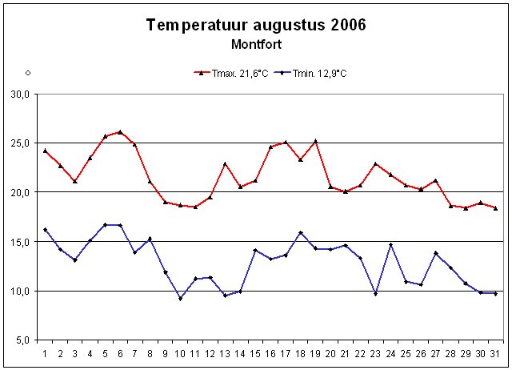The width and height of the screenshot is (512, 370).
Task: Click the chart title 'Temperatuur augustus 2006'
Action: (x=256, y=25)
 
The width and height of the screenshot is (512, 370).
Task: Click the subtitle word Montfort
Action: (x=256, y=44)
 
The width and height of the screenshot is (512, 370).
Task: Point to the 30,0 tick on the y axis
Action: (x=20, y=95)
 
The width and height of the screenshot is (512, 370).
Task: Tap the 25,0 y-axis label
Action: (x=20, y=143)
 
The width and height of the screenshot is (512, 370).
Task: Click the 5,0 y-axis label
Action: (x=22, y=340)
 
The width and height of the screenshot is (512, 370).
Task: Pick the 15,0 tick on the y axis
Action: (x=20, y=242)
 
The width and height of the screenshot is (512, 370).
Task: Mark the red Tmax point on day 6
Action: (x=120, y=132)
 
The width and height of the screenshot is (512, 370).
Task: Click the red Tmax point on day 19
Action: (x=315, y=142)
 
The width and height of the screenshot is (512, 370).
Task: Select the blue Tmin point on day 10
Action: (x=180, y=299)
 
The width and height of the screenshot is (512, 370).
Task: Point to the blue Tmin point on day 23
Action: (x=375, y=294)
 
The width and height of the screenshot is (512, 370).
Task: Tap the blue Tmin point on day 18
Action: (x=300, y=233)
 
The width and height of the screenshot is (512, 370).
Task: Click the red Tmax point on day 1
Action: (x=45, y=151)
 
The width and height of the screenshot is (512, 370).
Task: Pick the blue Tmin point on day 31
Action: (x=495, y=294)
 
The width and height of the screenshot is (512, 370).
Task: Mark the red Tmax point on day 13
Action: (x=225, y=164)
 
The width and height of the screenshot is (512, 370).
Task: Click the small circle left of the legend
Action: (x=27, y=73)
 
